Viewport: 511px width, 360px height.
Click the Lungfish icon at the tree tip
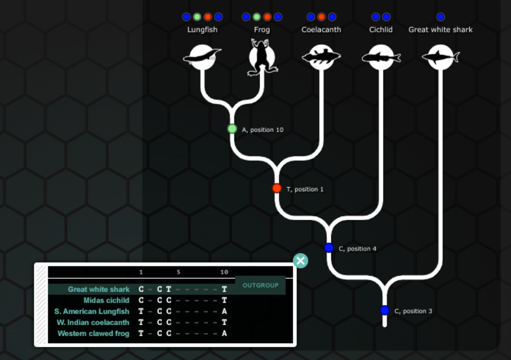202,57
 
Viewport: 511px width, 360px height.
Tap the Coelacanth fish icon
321,57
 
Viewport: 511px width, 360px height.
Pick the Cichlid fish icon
381,57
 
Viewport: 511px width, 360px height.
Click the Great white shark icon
440,57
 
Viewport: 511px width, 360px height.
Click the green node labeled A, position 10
232,129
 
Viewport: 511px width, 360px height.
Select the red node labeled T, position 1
277,189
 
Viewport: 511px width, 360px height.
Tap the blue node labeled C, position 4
329,248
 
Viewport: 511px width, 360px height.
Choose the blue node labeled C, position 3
385,310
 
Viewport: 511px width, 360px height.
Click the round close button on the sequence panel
301,261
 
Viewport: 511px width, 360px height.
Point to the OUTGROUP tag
260,285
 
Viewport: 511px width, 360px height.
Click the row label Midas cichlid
106,301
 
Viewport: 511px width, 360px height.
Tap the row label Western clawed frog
93,333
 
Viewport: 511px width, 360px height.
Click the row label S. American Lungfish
91,311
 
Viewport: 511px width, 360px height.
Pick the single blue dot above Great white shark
440,17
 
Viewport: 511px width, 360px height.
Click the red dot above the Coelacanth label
321,17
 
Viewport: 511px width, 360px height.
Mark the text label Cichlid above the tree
381,30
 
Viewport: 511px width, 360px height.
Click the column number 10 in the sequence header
224,273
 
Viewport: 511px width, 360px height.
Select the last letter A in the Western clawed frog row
225,333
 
